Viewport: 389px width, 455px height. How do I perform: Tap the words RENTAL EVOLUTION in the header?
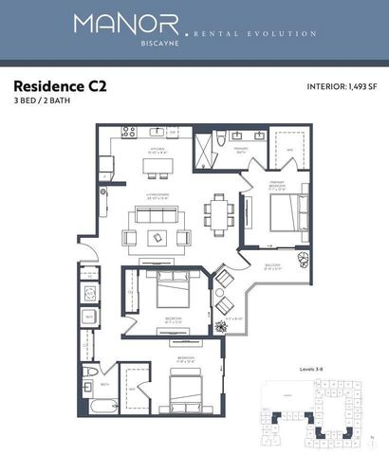click(x=255, y=34)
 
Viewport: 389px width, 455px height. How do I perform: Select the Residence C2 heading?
click(x=59, y=86)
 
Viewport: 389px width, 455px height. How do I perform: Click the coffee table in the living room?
click(x=156, y=234)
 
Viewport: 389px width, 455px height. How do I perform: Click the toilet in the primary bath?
click(x=219, y=138)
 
